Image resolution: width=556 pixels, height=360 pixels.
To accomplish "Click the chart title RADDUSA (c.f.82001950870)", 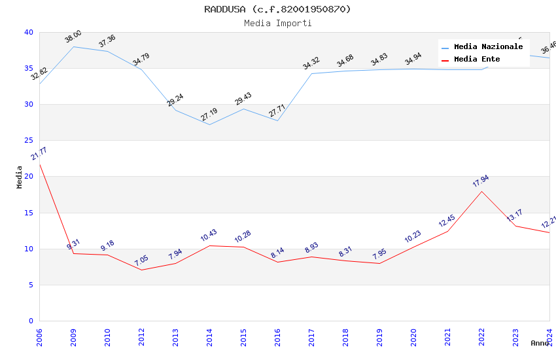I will coord(277,9).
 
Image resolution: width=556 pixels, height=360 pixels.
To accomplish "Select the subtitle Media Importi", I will coord(277,24).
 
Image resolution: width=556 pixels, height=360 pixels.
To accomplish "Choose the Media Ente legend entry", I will coord(477,60).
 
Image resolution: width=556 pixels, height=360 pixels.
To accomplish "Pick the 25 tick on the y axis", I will coord(29,141).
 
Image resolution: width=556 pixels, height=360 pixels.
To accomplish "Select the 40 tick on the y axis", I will coord(29,32).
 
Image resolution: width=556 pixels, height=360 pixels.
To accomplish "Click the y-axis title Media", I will coord(20,177).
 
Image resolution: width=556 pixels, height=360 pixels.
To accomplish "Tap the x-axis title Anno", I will coord(540,343).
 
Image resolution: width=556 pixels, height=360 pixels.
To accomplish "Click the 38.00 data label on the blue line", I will coord(73,37).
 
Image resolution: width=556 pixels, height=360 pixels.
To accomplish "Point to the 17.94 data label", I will coord(481,181).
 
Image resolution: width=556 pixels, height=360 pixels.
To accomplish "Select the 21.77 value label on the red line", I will coord(39,154).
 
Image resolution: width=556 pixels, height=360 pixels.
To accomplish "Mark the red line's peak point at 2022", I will coord(481,191).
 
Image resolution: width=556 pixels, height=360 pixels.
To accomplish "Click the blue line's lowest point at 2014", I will coord(209,124).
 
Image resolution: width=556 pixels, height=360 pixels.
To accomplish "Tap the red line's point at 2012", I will coord(141,270).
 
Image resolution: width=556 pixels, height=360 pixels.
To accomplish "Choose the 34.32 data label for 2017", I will coord(311,63).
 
